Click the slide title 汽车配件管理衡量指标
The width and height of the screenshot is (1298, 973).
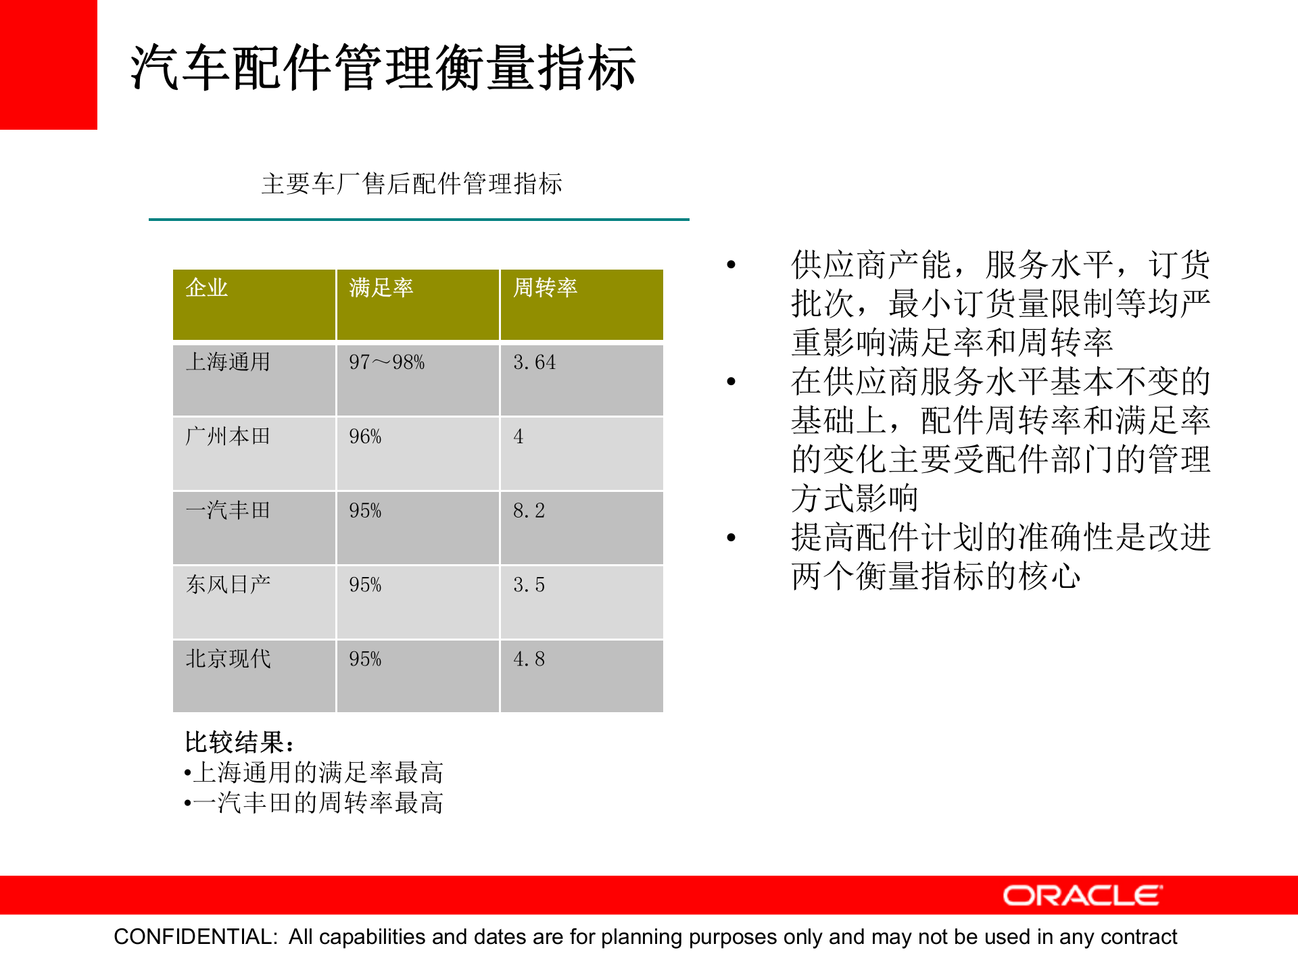tap(383, 68)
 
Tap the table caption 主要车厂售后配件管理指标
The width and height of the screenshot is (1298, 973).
tap(412, 184)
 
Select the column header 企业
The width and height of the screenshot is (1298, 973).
tap(207, 288)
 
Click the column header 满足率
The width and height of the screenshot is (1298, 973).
tap(381, 288)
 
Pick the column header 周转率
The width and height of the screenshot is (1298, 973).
tap(545, 288)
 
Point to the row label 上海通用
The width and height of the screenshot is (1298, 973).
tap(228, 362)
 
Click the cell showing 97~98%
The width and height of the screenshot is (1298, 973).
tap(387, 363)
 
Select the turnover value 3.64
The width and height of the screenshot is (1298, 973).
tap(534, 363)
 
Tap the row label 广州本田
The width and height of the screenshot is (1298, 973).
tap(228, 436)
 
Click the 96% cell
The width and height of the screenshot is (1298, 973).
tap(365, 437)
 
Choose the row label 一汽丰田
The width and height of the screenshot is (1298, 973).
tap(228, 510)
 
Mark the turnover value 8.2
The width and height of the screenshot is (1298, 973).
tap(529, 511)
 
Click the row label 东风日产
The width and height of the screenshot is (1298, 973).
tap(228, 584)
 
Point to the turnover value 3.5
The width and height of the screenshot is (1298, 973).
tap(529, 585)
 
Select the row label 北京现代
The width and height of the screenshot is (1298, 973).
tap(228, 659)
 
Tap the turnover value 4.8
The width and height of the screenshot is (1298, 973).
tap(529, 659)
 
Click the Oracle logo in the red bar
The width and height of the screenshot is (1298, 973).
tap(1082, 896)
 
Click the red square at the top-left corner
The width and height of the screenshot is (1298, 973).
tap(48, 64)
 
